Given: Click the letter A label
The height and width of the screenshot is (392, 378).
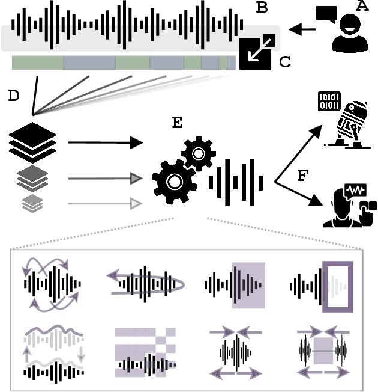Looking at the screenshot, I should click(x=362, y=7).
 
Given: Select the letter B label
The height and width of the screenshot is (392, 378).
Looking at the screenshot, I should click(x=262, y=8).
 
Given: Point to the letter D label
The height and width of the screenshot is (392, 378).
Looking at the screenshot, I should click(x=13, y=95).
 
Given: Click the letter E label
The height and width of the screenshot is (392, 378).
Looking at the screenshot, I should click(x=178, y=123).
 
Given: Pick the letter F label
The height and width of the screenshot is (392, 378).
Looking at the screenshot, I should click(x=304, y=176).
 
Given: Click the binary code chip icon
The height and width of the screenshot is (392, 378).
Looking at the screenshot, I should click(x=328, y=100).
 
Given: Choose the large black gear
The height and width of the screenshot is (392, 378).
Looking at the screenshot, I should click(x=174, y=181).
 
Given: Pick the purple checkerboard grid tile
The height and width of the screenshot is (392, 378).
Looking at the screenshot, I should click(x=145, y=348).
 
